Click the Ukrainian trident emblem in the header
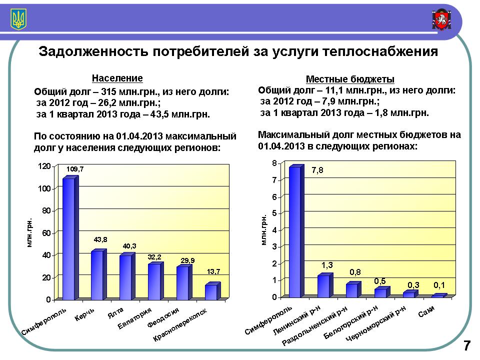(x=19, y=20)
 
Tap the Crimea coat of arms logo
(x=441, y=20)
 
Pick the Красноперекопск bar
(x=211, y=292)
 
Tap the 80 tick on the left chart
(x=45, y=211)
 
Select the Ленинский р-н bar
(x=324, y=285)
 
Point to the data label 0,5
(x=380, y=281)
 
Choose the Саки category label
(x=426, y=310)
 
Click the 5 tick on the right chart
(x=274, y=213)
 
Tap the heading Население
(x=117, y=78)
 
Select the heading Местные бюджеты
(x=350, y=79)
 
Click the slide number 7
(x=466, y=345)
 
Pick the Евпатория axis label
(x=134, y=320)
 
